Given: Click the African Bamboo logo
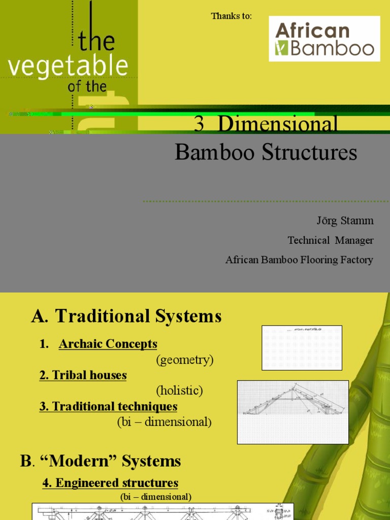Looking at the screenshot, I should pos(324,39).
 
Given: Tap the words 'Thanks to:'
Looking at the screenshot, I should pos(231,16).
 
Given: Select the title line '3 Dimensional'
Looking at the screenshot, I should pos(266,124).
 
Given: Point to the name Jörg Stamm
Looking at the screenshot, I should pos(345,221).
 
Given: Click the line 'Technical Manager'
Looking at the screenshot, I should pos(331,240).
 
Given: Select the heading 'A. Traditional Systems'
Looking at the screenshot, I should pos(126,316).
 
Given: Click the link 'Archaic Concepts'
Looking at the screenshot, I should pos(108,344).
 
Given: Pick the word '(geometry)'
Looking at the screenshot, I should pos(184,360).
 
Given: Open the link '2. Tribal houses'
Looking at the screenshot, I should pos(83,375).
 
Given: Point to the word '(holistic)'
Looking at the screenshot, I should pos(179,391).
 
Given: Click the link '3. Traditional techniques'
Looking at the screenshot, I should pos(108,406).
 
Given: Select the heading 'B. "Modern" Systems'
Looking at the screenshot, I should pos(101,461).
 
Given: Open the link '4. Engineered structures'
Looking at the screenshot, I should pos(110,482).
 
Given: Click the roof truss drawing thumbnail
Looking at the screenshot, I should pos(293,412).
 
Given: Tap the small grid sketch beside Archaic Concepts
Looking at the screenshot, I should pos(302,348).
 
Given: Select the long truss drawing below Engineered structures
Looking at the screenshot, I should pos(162,511).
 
